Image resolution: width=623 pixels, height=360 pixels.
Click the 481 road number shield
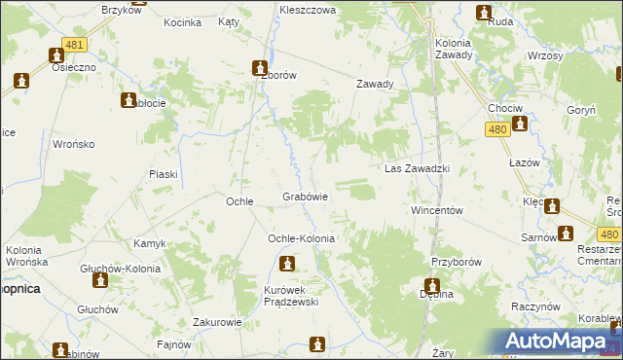pos(73,45)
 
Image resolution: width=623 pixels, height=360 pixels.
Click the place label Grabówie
pos(305,197)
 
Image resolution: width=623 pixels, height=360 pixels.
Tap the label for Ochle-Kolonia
pos(301,238)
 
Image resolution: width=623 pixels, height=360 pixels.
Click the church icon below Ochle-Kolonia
pos(287,263)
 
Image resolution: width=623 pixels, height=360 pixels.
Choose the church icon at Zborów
pos(260,68)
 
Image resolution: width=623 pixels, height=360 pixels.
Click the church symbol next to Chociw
pos(520,124)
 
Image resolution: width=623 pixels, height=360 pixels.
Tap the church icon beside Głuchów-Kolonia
pos(99,281)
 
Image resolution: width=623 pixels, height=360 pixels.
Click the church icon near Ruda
pos(484,12)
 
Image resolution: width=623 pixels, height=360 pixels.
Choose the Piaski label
pos(163,174)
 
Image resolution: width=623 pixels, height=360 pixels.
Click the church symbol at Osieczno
pos(21,81)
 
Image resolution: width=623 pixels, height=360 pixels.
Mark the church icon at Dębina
pos(431,287)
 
